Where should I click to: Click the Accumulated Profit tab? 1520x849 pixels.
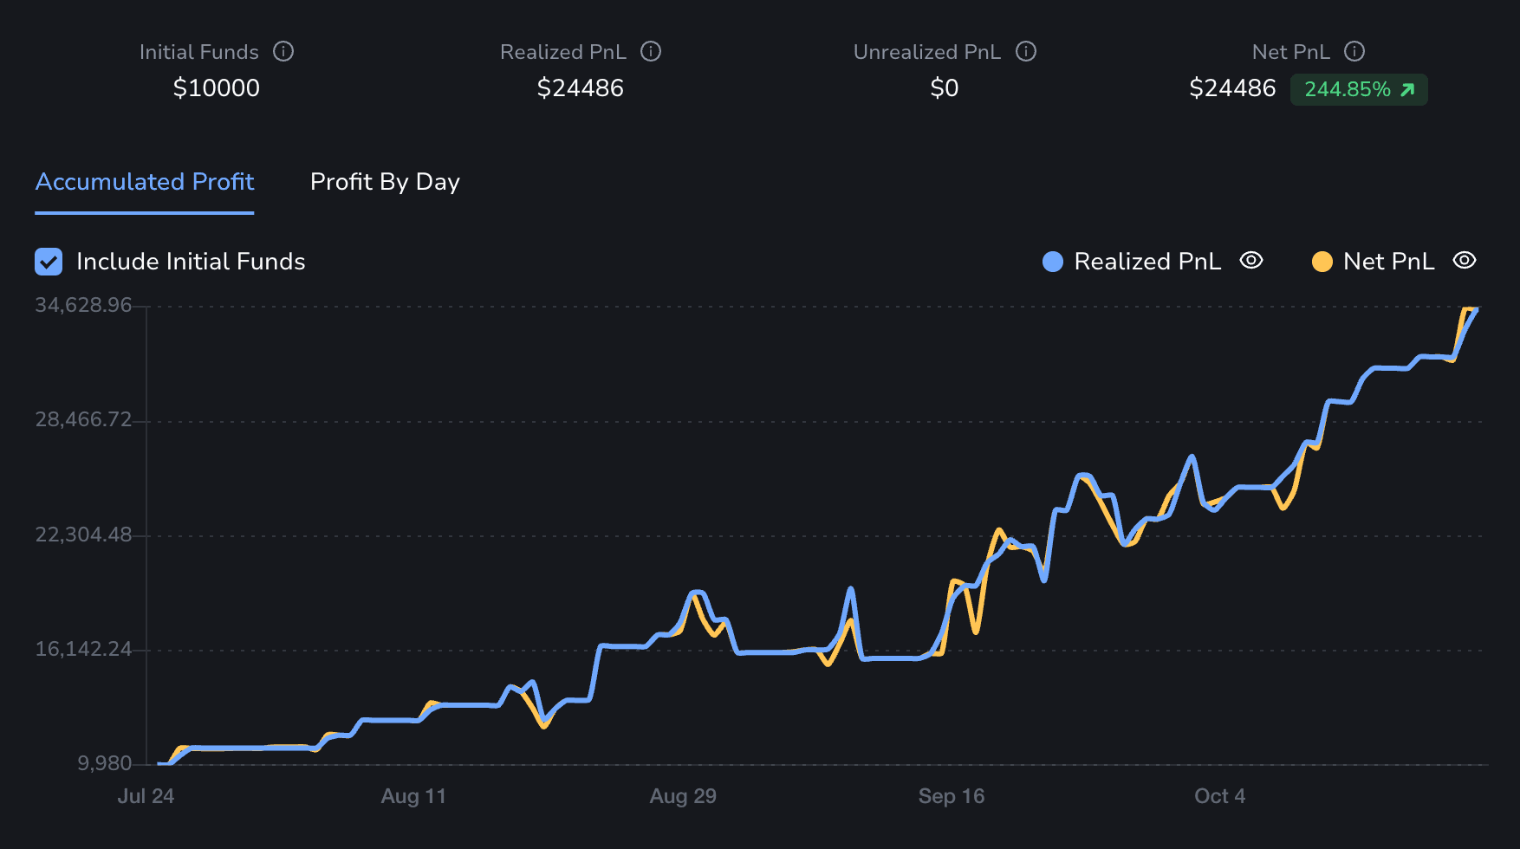(145, 182)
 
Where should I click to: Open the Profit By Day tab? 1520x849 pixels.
(385, 182)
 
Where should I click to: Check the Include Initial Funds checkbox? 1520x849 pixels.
(49, 262)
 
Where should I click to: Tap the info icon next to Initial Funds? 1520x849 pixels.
(283, 52)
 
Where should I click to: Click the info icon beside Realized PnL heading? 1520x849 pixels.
(651, 52)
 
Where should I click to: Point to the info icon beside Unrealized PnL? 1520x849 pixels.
(1026, 52)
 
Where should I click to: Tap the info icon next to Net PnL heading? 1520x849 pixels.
(1354, 52)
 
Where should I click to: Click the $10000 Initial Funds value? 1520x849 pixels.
(217, 88)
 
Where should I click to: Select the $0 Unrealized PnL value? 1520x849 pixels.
(944, 88)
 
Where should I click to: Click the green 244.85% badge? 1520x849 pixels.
(1358, 89)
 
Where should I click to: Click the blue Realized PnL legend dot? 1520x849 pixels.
(1053, 262)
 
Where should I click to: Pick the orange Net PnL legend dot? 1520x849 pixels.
(1322, 262)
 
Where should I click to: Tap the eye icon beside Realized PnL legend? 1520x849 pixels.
(1251, 261)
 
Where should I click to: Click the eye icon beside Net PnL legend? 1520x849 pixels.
(1465, 261)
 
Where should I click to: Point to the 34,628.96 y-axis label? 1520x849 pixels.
(83, 305)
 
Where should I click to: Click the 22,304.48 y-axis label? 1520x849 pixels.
(83, 535)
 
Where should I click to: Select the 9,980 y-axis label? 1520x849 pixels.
(105, 763)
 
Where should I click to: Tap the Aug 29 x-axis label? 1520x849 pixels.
(683, 796)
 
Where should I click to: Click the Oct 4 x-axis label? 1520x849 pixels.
(1219, 796)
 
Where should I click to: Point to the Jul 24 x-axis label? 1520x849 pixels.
(146, 796)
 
